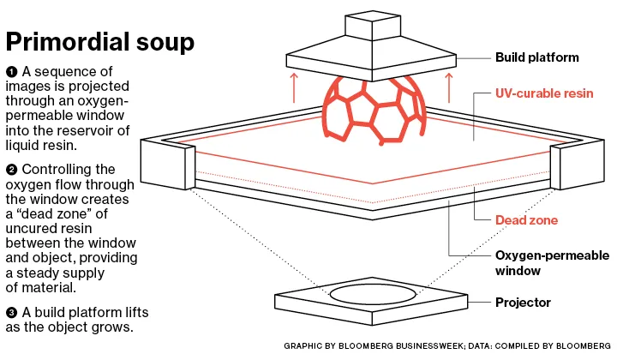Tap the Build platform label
pos(537,58)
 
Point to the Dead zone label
pos(526,220)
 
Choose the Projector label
pos(523,303)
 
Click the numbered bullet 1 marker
pos(11,70)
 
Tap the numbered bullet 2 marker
pos(11,170)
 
